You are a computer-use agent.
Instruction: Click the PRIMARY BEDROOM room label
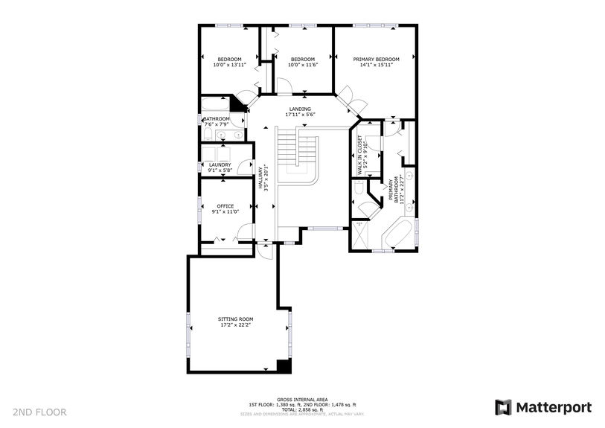click(x=376, y=60)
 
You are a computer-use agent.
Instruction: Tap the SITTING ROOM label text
click(x=235, y=318)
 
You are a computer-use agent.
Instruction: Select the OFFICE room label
click(x=225, y=206)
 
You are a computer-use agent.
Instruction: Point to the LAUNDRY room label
click(x=220, y=165)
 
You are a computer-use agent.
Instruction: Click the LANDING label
click(x=300, y=109)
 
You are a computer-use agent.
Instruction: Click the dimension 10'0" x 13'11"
click(x=229, y=66)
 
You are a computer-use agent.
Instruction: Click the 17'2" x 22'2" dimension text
click(x=235, y=325)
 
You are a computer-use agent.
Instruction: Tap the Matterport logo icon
click(x=504, y=407)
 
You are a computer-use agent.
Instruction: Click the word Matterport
click(x=554, y=407)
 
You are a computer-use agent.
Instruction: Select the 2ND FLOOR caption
click(x=39, y=412)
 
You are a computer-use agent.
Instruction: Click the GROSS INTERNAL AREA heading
click(x=301, y=399)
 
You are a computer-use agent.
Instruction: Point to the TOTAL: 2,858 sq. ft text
click(x=301, y=409)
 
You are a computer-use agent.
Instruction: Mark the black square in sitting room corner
click(x=283, y=365)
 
